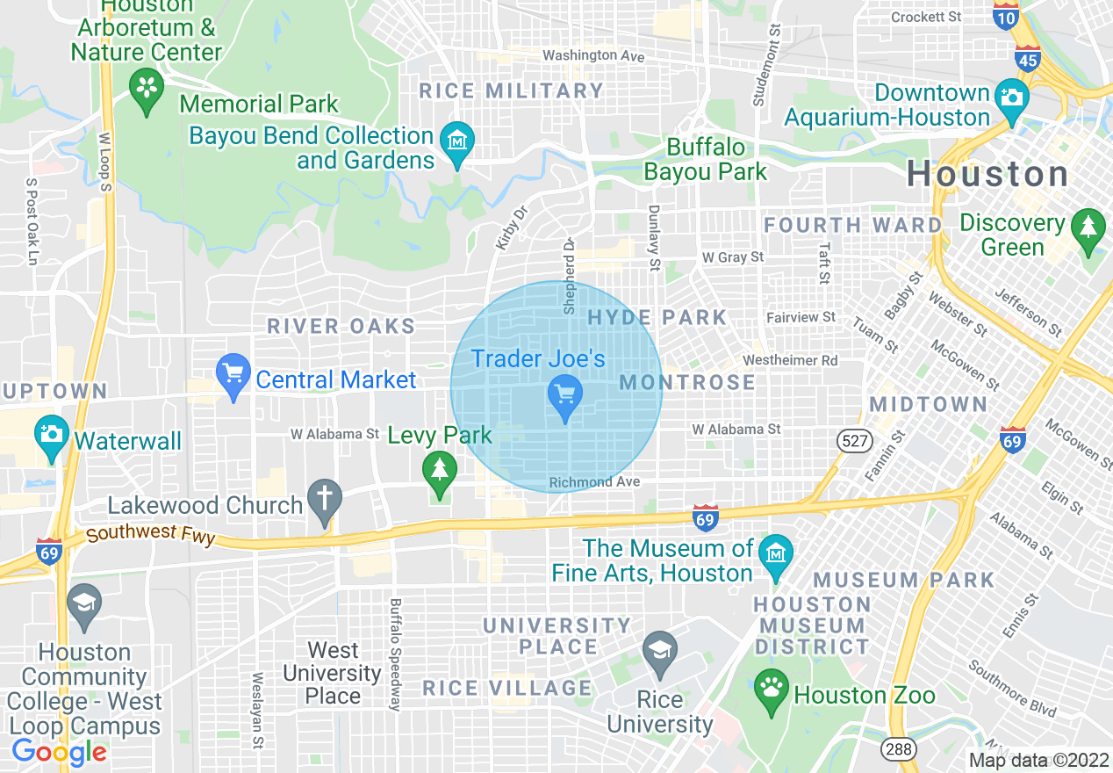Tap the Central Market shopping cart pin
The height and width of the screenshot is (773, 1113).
[x=233, y=376]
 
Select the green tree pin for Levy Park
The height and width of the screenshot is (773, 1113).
[x=440, y=472]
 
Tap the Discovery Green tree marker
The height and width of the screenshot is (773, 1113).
[x=1088, y=230]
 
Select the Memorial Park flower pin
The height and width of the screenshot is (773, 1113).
[x=147, y=90]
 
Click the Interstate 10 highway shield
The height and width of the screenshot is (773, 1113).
[x=1006, y=15]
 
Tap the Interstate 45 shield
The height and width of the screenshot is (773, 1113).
[x=1027, y=59]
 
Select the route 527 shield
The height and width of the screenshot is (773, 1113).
[x=854, y=441]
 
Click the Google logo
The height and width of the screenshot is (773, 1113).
[x=59, y=751]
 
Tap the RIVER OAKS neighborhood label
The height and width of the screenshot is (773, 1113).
[x=341, y=327]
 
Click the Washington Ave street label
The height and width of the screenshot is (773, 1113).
[x=593, y=55]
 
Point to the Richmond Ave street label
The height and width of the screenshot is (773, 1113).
[x=594, y=482]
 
